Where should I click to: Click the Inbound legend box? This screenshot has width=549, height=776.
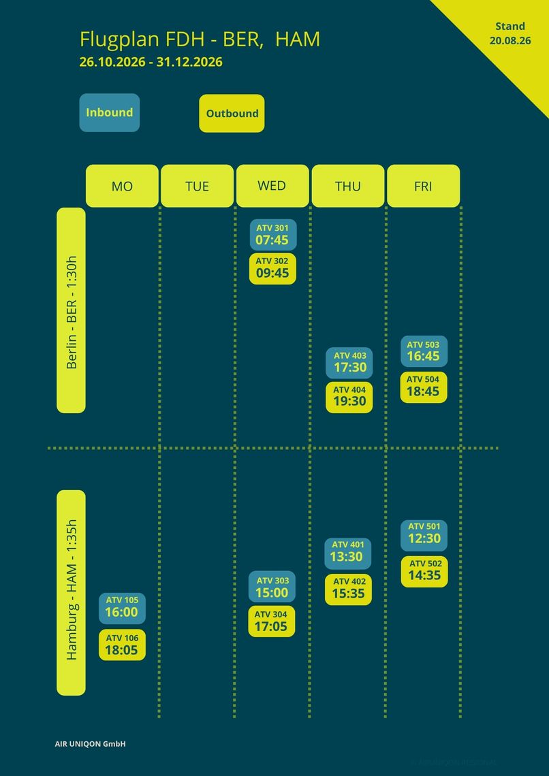(110, 113)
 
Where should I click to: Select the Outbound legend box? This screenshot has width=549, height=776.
(232, 113)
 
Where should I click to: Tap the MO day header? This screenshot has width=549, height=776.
(123, 186)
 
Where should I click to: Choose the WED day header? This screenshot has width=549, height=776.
(272, 186)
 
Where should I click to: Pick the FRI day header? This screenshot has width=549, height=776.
(423, 186)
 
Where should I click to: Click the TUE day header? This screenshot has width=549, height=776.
(197, 186)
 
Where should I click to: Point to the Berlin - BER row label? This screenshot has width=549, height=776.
(72, 310)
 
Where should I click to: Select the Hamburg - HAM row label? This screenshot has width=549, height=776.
(72, 592)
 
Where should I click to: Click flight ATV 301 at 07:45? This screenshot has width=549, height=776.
(272, 235)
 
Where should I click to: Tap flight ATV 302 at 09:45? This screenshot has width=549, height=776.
(272, 269)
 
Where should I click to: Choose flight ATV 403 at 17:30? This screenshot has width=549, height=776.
(349, 363)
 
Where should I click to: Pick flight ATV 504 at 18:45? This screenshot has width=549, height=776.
(424, 387)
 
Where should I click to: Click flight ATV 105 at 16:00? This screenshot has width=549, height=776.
(123, 609)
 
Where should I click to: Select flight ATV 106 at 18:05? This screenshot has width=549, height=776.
(123, 645)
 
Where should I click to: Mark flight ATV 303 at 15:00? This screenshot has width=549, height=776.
(272, 587)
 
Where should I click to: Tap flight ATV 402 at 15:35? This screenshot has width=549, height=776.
(348, 589)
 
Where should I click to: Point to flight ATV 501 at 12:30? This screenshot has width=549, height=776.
(424, 536)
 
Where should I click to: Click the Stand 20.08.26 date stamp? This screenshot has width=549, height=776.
(510, 33)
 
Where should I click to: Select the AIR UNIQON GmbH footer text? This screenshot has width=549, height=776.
(90, 744)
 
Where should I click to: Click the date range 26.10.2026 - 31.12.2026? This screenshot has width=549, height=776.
(151, 62)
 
